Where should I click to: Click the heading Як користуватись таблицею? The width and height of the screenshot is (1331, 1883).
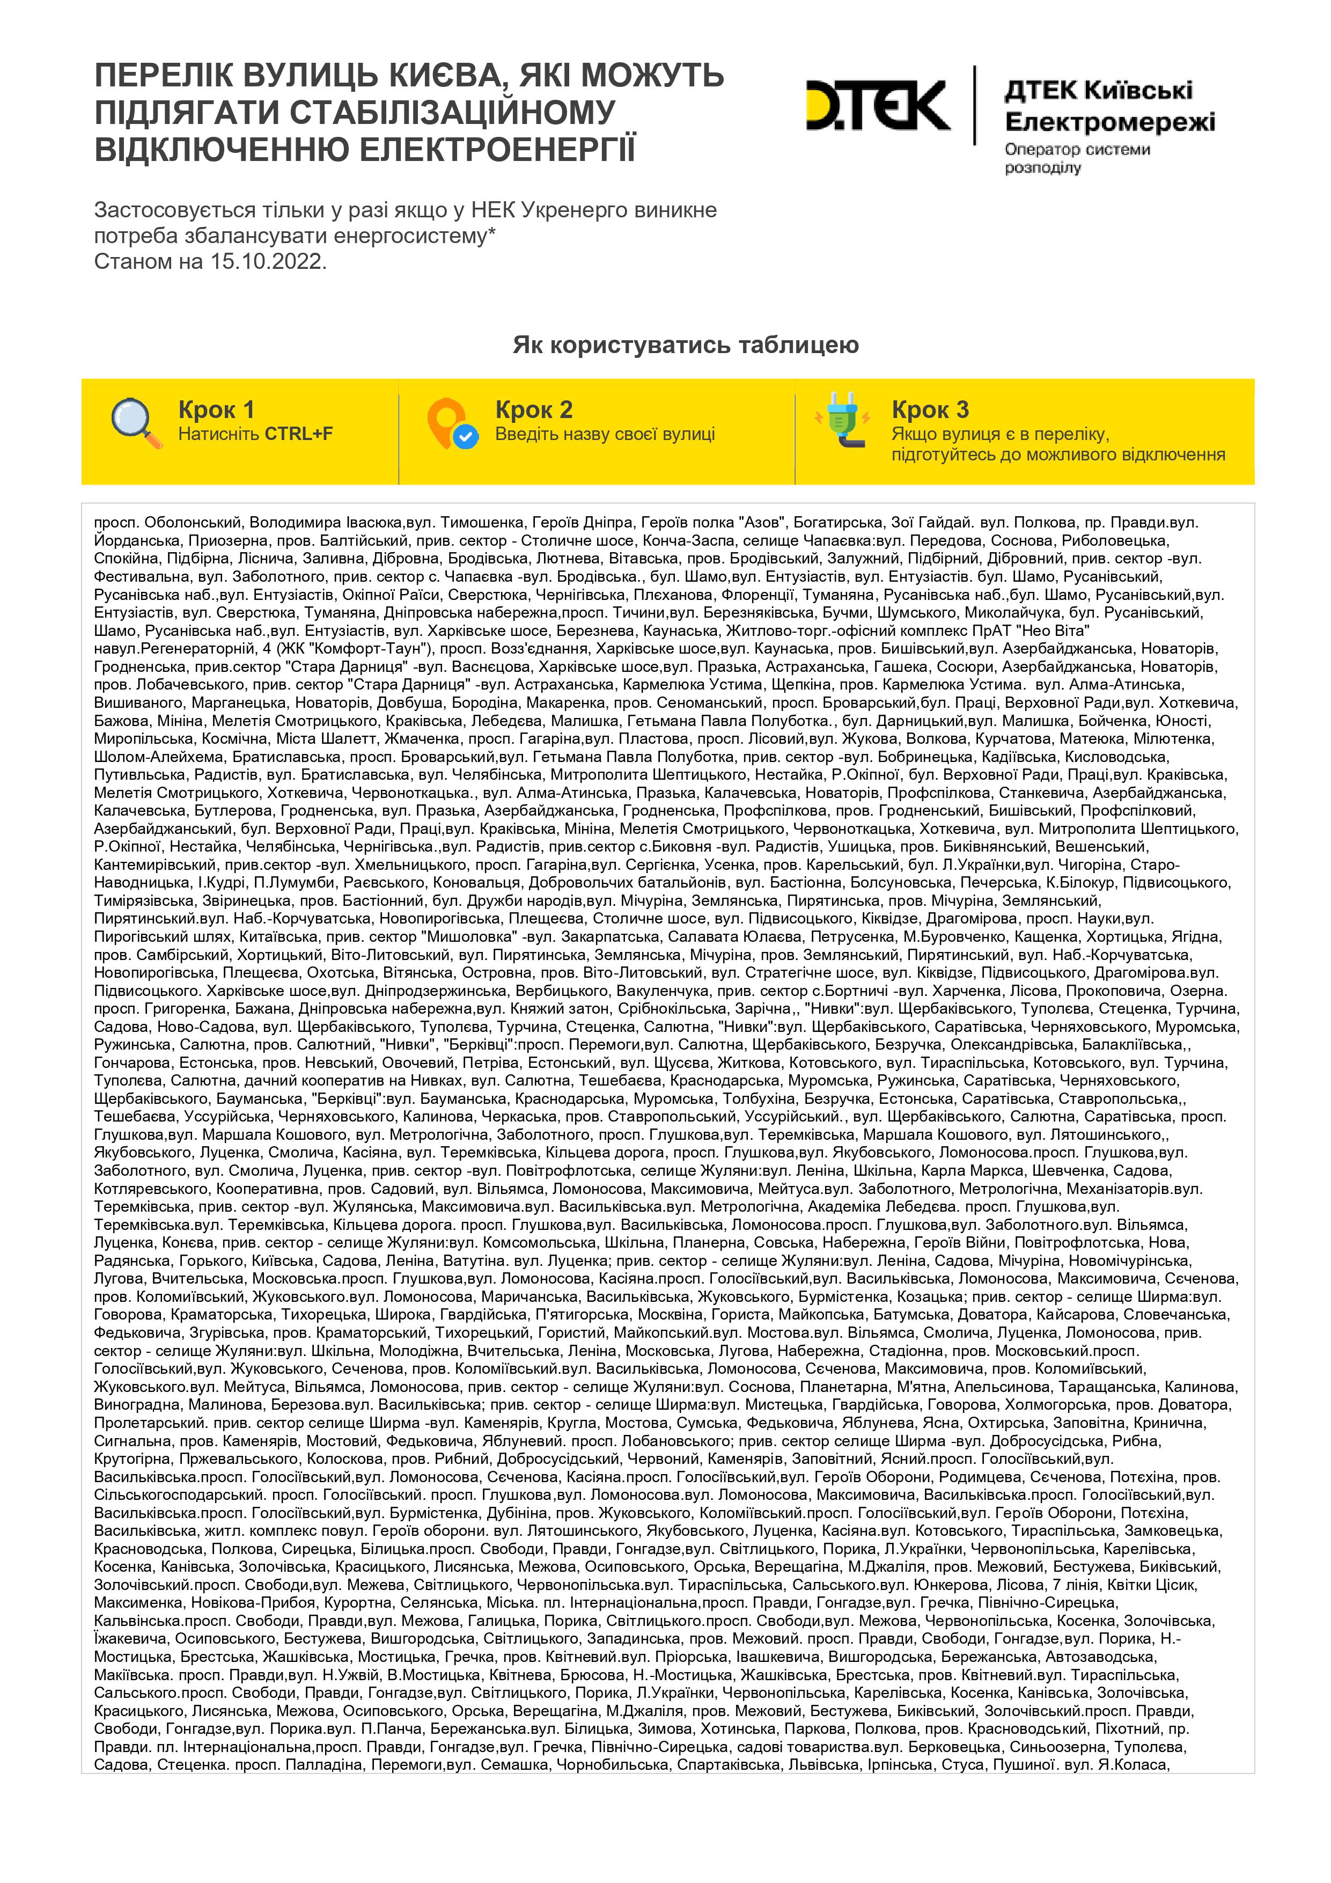tap(686, 345)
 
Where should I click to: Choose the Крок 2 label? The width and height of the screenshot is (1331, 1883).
tap(533, 409)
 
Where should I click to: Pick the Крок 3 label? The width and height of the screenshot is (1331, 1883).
tap(930, 409)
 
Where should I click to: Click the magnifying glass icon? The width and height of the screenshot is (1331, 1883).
tap(136, 423)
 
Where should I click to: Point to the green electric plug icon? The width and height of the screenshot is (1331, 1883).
tap(842, 420)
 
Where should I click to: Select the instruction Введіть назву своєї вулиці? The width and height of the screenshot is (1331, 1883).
tap(605, 434)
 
